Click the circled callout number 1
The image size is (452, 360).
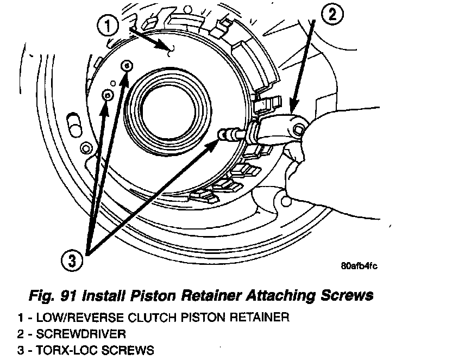coord(108,25)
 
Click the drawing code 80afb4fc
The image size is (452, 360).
coord(359,266)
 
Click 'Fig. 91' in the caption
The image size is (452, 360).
coord(52,296)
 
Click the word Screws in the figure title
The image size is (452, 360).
coord(345,296)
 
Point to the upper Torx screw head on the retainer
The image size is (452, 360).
coord(127,65)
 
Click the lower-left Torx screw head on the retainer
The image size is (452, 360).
coord(108,95)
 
